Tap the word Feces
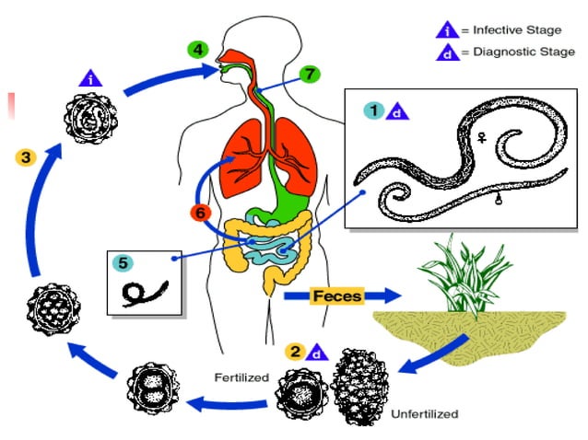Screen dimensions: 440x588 tap(336, 295)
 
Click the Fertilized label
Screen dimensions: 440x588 tap(240, 376)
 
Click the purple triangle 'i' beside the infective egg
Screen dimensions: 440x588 tap(91, 78)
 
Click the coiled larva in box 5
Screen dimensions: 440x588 tap(143, 292)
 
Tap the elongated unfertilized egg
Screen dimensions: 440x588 tap(360, 386)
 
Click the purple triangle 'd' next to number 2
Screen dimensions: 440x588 tap(318, 353)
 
